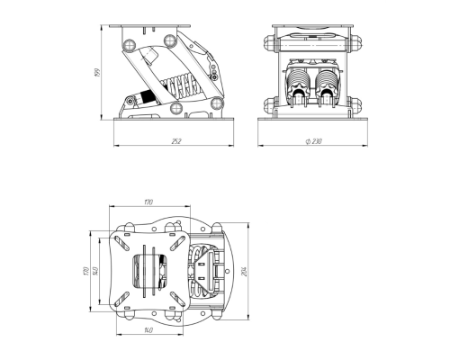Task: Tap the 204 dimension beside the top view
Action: tap(244, 272)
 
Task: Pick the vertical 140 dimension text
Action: tap(94, 271)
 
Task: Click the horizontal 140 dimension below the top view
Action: tap(146, 331)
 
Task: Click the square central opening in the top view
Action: tap(149, 271)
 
